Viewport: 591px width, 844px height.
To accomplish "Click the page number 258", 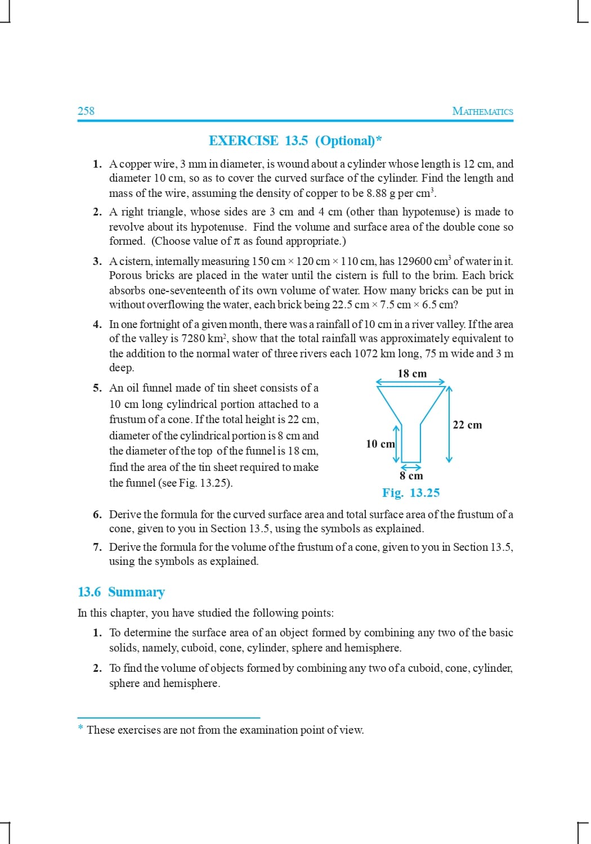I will tap(86, 111).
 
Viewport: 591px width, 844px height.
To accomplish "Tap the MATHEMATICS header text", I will tap(482, 111).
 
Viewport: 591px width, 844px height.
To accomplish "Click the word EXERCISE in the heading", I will tap(243, 141).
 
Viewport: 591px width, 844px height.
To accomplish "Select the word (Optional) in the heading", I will tap(345, 141).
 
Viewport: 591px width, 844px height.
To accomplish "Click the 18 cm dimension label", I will tap(412, 374).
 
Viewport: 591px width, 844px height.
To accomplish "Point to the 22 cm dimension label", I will tap(467, 425).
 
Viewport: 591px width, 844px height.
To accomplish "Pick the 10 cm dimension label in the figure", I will tap(380, 444).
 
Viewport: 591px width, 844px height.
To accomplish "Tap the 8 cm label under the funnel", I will tap(411, 476).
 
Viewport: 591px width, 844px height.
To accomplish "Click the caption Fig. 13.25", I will tap(411, 493).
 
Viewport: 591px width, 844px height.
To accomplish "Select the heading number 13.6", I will tap(89, 592).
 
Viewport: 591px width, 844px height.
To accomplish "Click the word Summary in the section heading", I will tap(136, 592).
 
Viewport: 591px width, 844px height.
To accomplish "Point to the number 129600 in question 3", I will tap(414, 261).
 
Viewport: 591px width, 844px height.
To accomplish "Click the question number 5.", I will tap(97, 388).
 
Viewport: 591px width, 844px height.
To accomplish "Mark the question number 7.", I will tap(97, 547).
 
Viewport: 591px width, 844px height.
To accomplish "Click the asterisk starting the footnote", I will tap(81, 729).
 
